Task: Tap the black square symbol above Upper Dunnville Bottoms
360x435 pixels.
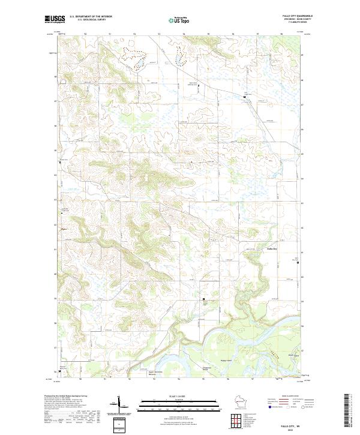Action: (x=203, y=299)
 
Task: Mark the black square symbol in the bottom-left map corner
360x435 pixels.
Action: (x=59, y=370)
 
